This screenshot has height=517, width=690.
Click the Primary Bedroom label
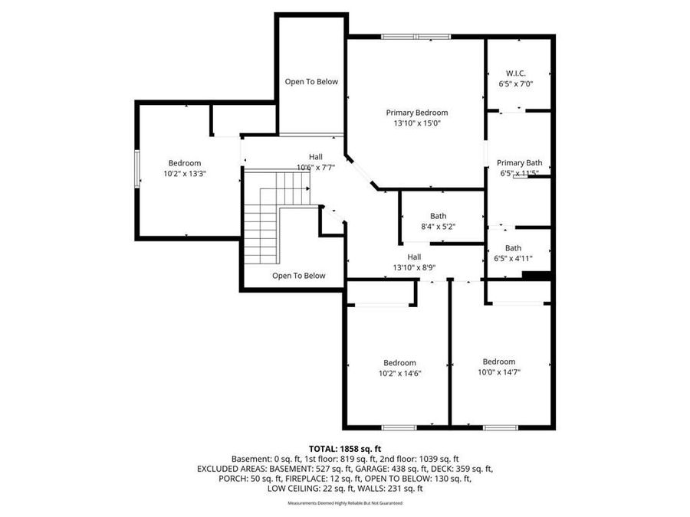pyautogui.click(x=416, y=113)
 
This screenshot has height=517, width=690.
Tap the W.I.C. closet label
pyautogui.click(x=515, y=74)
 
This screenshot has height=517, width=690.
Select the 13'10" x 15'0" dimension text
pyautogui.click(x=416, y=123)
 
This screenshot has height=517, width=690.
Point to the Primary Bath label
pyautogui.click(x=519, y=162)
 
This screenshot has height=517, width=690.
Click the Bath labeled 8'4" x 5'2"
pyautogui.click(x=438, y=216)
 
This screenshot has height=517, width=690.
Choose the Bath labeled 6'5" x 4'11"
pyautogui.click(x=513, y=247)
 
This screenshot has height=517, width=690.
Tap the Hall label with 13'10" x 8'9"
pyautogui.click(x=414, y=257)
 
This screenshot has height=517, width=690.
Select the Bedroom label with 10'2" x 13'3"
pyautogui.click(x=185, y=163)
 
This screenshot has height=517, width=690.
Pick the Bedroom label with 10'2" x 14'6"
pyautogui.click(x=399, y=362)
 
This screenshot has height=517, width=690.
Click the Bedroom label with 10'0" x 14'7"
pyautogui.click(x=498, y=362)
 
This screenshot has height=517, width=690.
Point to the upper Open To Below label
pyautogui.click(x=311, y=82)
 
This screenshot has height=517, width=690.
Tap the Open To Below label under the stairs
pyautogui.click(x=299, y=276)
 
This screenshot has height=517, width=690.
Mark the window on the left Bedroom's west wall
pyautogui.click(x=137, y=168)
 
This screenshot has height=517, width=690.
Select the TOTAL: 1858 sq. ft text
pyautogui.click(x=345, y=448)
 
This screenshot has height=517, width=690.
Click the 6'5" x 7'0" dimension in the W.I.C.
pyautogui.click(x=515, y=83)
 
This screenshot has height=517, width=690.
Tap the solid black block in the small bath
pyautogui.click(x=541, y=276)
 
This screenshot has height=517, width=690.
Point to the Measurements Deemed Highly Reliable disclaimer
pyautogui.click(x=345, y=503)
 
